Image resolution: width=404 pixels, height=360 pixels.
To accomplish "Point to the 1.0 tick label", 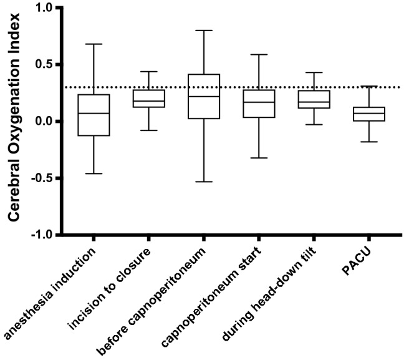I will (x=49, y=8).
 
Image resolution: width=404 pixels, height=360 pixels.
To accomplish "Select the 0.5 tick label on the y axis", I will (x=49, y=65).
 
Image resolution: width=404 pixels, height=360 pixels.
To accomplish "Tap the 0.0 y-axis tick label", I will (x=49, y=121).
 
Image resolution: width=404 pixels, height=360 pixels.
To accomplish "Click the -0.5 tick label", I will (x=47, y=178).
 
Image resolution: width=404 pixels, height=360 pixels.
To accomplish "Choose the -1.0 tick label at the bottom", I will (x=47, y=235).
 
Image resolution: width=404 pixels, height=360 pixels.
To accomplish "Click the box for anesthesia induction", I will (x=93, y=115).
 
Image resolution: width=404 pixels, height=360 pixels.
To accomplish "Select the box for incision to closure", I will (x=148, y=99).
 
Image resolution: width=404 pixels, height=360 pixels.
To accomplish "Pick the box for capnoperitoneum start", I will (x=259, y=104).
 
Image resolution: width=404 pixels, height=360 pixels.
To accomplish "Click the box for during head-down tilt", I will (x=314, y=100).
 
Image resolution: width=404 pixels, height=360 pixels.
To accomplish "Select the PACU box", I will (x=369, y=114).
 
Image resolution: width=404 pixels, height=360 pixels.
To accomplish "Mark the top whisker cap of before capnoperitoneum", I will (x=204, y=30).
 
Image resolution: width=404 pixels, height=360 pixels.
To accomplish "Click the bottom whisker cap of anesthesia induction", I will (x=93, y=173).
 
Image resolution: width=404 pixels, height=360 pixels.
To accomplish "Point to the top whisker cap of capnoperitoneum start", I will (x=259, y=54).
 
